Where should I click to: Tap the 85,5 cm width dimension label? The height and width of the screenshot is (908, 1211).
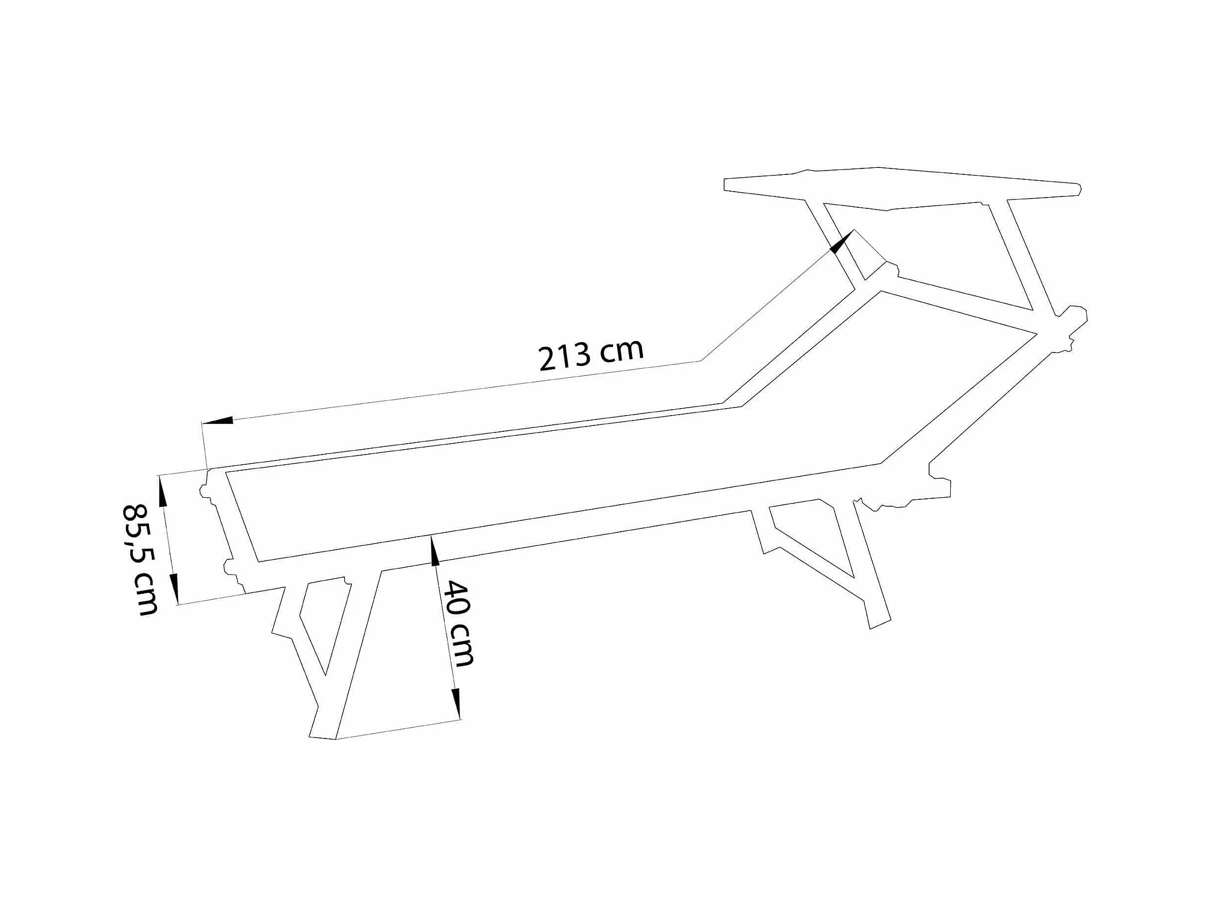tap(140, 559)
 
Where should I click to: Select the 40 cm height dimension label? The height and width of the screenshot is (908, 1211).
tap(458, 624)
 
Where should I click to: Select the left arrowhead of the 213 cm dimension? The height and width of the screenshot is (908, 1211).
tap(218, 421)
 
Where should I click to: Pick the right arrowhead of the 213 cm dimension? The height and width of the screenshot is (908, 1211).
tap(842, 241)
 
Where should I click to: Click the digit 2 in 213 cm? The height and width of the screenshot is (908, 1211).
tap(547, 359)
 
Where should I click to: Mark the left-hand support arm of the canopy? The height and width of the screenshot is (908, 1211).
tap(834, 241)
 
